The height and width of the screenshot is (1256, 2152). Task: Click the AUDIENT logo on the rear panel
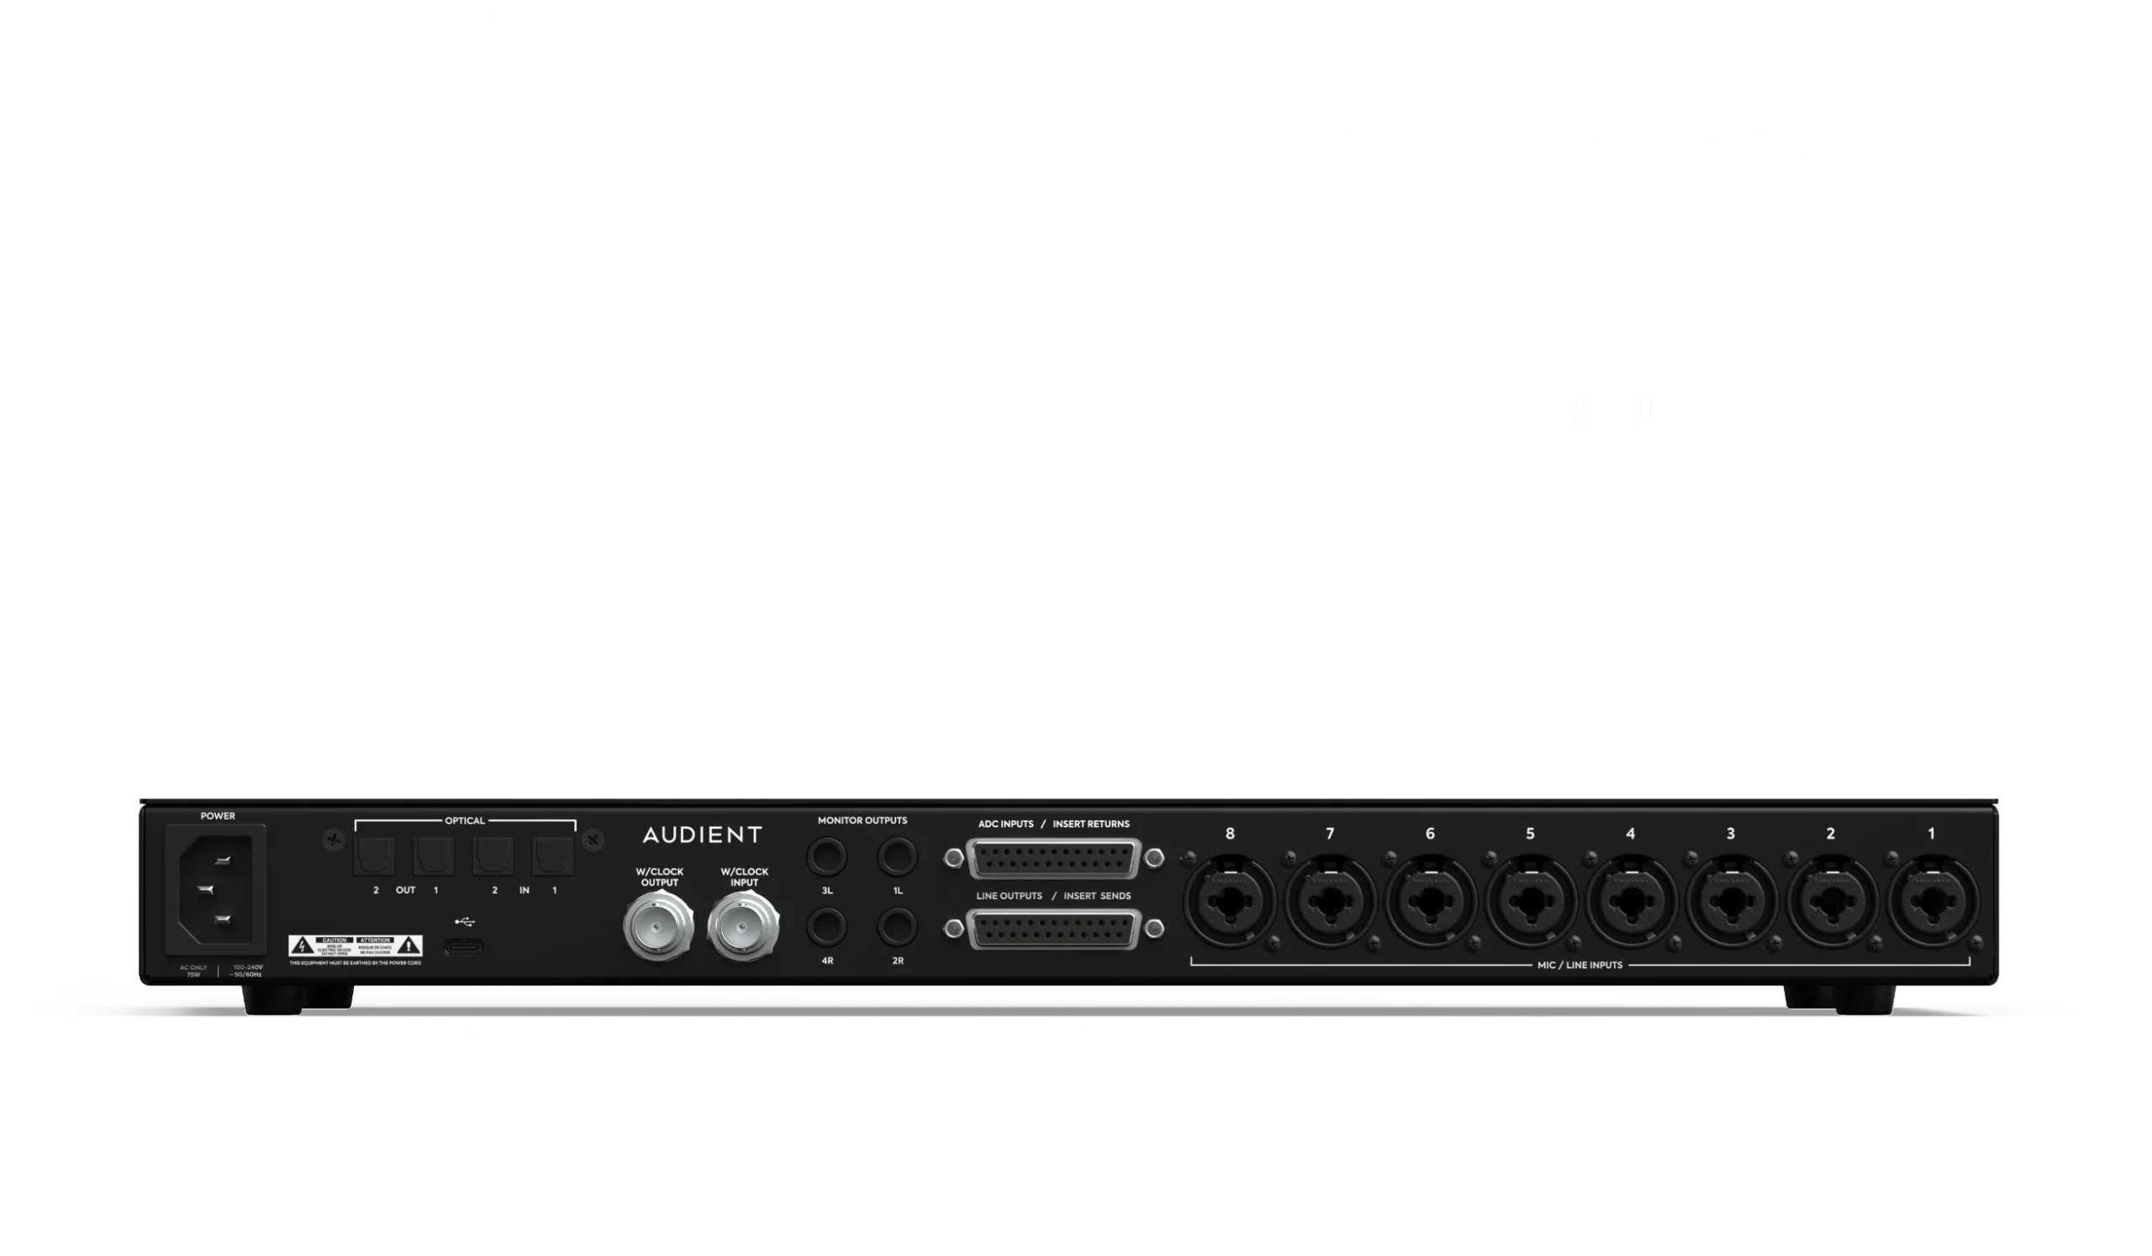point(702,835)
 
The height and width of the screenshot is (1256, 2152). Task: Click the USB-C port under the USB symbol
point(463,947)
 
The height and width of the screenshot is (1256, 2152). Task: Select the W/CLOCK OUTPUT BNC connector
point(658,928)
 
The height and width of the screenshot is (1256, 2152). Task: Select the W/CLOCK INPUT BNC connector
point(743,928)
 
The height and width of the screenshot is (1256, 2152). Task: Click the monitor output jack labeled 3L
point(826,857)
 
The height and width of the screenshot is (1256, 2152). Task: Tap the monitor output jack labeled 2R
point(897,927)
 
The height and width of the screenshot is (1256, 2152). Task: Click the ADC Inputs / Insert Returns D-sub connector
point(1054,859)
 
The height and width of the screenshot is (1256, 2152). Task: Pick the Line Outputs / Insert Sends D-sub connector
point(1054,930)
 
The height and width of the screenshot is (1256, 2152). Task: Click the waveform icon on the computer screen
point(459,236)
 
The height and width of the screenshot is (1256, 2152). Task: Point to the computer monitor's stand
point(461,446)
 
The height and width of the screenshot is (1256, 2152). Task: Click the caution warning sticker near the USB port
point(356,946)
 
